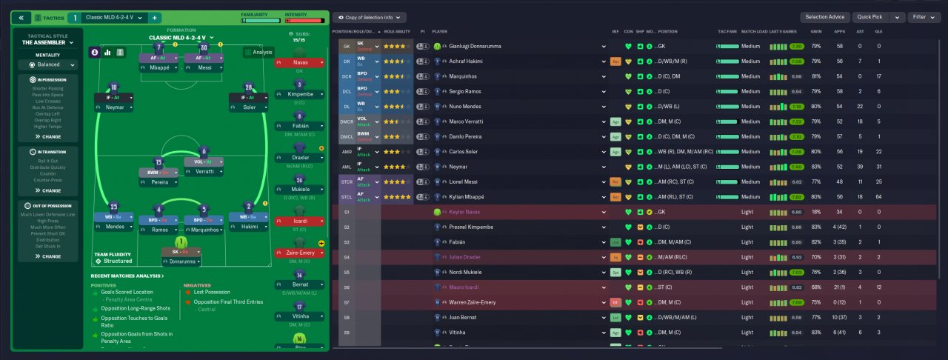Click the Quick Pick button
pyautogui.click(x=870, y=17)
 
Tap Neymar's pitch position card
pyautogui.click(x=113, y=101)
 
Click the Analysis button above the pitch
pyautogui.click(x=258, y=53)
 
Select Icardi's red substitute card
pyautogui.click(x=299, y=221)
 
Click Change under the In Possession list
pyautogui.click(x=52, y=136)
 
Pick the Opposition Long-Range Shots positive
pyautogui.click(x=130, y=307)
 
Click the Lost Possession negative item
pyautogui.click(x=213, y=293)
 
